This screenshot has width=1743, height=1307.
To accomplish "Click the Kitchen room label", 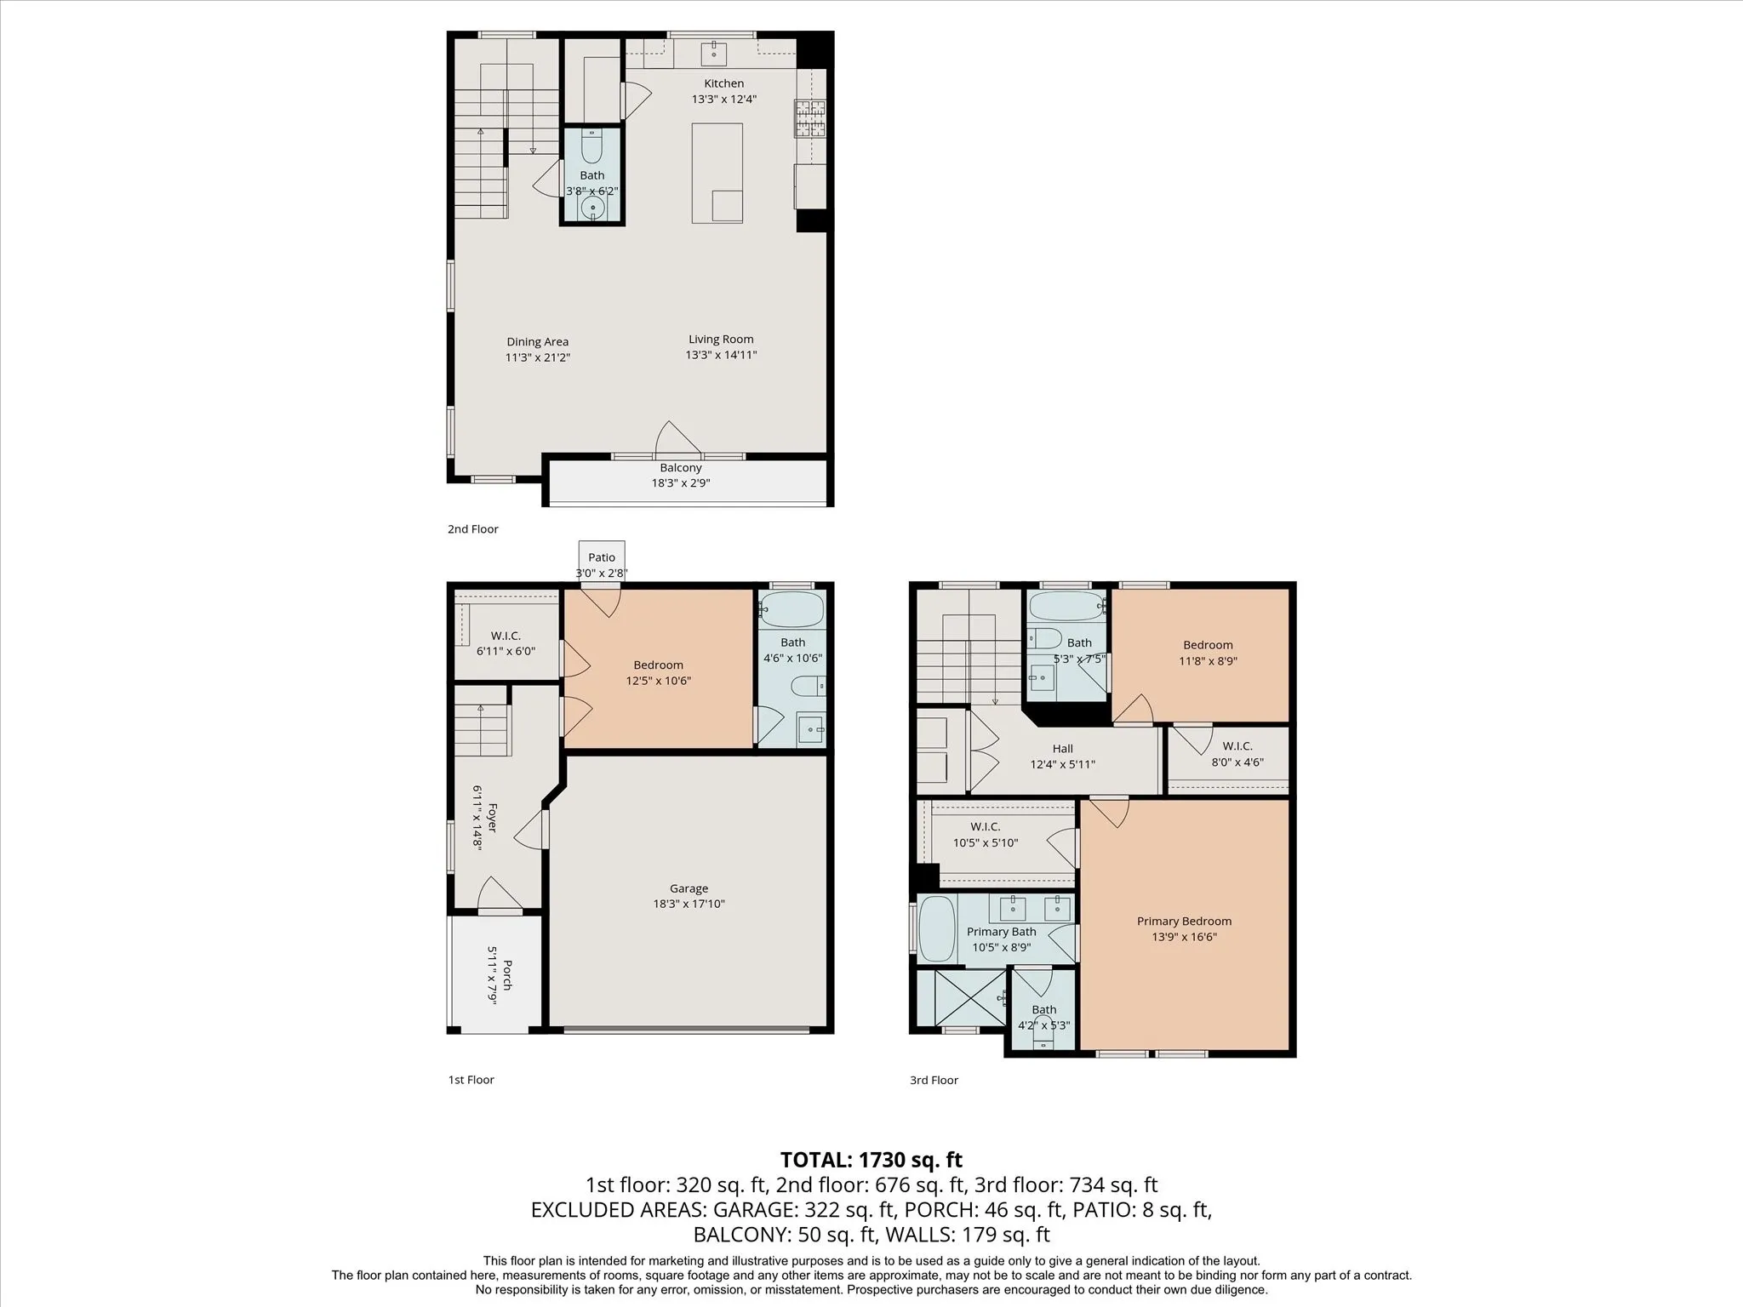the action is click(723, 83).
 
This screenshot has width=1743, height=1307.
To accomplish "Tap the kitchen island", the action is click(717, 173).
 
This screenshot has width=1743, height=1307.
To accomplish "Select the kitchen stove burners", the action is click(810, 118).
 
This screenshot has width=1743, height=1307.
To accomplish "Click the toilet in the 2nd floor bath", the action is click(591, 146).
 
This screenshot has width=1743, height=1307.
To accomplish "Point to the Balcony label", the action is click(681, 468).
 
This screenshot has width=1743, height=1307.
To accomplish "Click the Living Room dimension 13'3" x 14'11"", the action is click(721, 355).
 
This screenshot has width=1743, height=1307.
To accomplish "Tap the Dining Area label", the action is click(537, 342).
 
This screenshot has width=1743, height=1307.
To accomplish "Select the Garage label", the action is click(689, 888).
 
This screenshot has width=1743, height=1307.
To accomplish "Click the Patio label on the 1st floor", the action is click(602, 557).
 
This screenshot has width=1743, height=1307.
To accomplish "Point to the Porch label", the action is click(507, 975).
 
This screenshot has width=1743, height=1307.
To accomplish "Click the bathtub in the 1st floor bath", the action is click(791, 610).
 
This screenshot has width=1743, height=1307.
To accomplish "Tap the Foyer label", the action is click(492, 818).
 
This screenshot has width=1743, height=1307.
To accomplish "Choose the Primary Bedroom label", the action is click(1184, 921).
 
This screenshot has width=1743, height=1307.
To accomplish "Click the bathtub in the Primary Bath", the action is click(938, 929).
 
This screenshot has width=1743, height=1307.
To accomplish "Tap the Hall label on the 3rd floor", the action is click(1062, 749).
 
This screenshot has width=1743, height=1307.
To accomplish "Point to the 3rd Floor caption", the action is click(934, 1080).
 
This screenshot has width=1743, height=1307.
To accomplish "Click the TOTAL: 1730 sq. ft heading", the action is click(871, 1160).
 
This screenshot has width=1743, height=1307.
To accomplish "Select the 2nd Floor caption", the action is click(473, 528).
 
